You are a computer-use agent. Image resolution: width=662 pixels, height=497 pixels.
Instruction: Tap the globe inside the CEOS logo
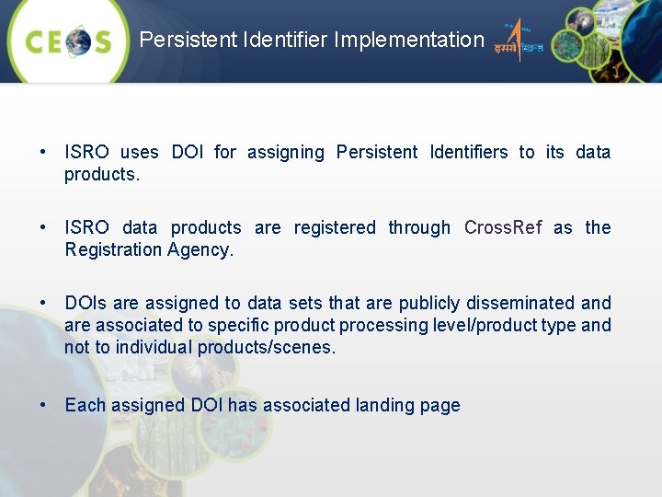(78, 41)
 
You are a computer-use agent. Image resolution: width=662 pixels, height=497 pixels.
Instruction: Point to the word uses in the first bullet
(139, 152)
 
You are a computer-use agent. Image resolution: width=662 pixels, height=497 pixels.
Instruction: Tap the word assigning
(285, 152)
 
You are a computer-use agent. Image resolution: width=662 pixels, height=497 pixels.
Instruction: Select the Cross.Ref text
(503, 227)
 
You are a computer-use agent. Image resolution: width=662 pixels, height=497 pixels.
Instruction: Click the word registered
(335, 227)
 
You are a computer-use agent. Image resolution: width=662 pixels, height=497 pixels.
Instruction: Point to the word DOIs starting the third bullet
(84, 303)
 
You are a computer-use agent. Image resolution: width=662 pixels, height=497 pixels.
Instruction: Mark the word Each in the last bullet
(84, 405)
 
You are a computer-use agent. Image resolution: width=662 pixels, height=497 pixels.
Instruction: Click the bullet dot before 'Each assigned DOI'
(43, 405)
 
